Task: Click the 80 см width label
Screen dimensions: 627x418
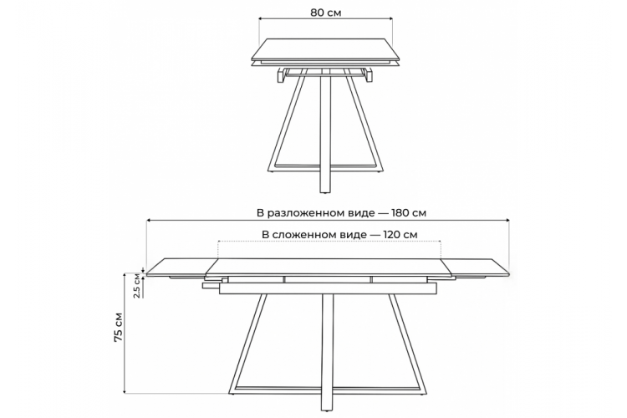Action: point(326,13)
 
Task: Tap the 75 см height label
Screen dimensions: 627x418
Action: point(119,326)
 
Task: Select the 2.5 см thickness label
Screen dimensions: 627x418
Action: point(137,286)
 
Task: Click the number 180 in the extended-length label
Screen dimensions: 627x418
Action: point(400,213)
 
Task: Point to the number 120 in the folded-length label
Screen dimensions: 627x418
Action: point(391,234)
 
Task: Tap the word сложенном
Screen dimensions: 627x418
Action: point(319,235)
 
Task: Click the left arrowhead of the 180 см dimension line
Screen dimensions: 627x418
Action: point(149,220)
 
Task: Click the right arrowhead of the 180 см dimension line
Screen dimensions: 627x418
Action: point(507,220)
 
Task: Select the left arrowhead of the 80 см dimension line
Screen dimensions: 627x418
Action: point(262,18)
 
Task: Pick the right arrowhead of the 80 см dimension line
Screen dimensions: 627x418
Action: point(390,18)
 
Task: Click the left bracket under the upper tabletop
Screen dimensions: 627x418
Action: point(280,75)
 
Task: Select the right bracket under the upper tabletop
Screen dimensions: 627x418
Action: point(369,75)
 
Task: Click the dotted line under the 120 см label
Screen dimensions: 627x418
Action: point(329,242)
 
